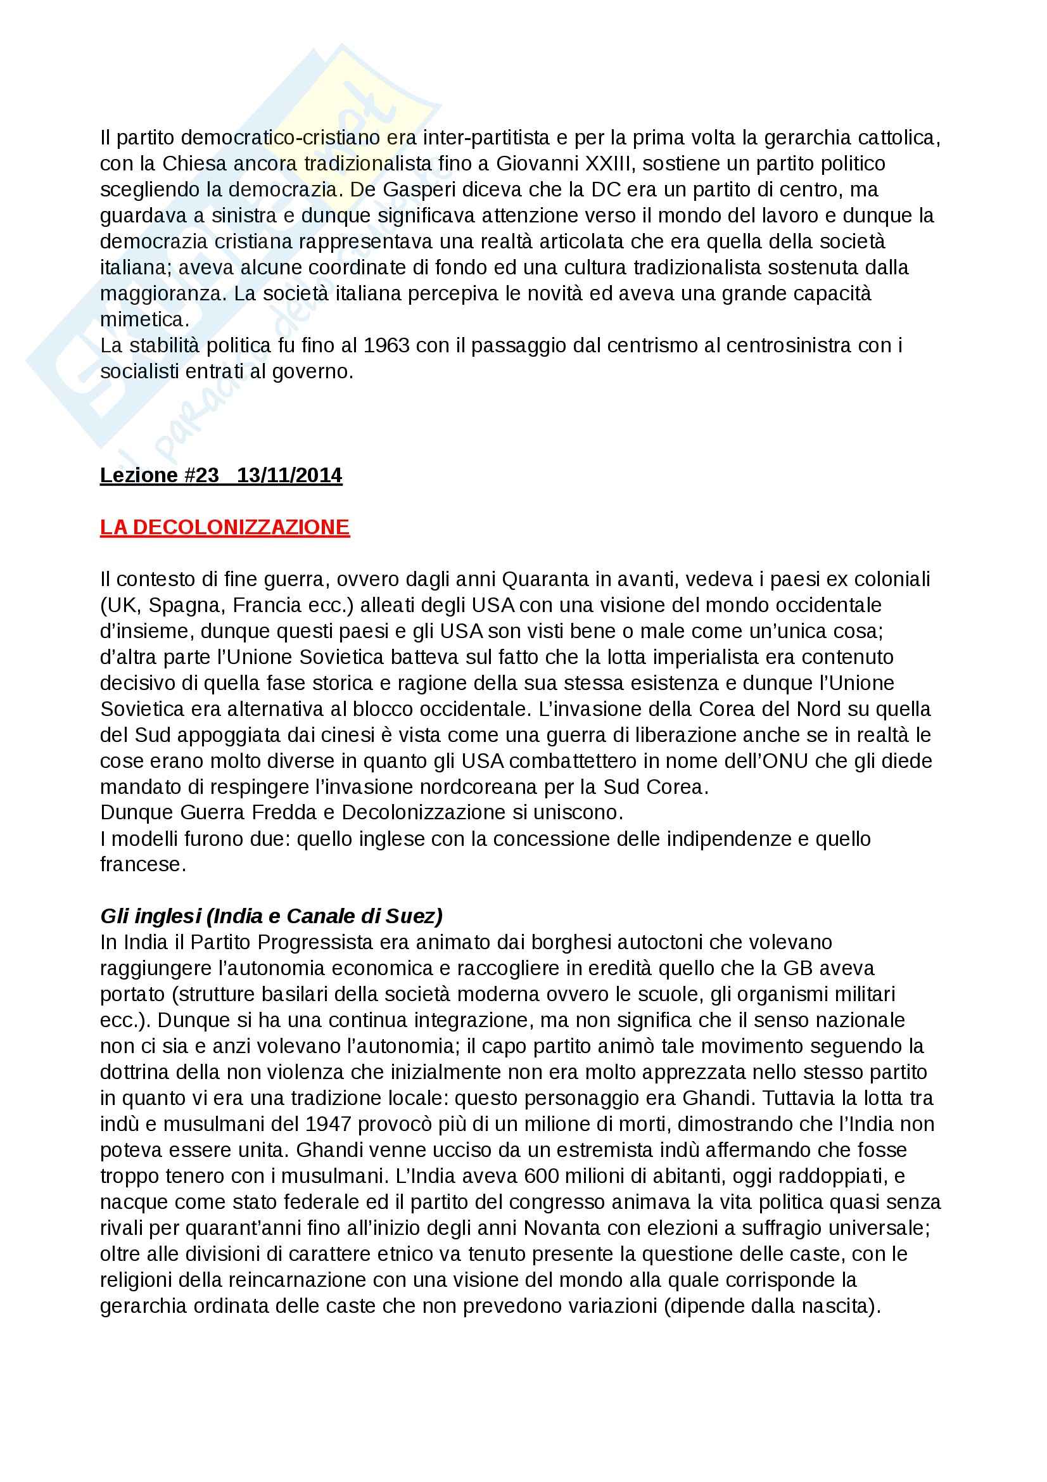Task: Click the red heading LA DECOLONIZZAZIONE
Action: click(x=224, y=527)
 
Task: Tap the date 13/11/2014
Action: click(x=289, y=475)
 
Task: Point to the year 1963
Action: click(x=386, y=346)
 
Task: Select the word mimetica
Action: click(x=141, y=320)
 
